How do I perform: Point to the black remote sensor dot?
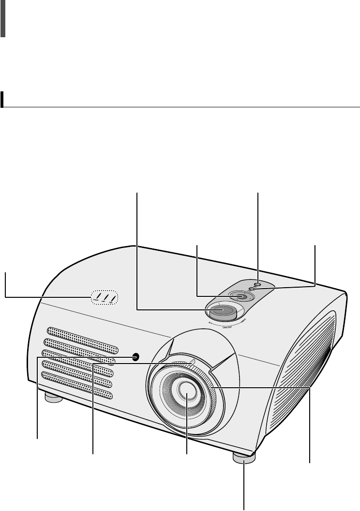tap(136, 357)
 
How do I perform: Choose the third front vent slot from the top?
tap(80, 357)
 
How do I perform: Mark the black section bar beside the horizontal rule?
tap(3, 99)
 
